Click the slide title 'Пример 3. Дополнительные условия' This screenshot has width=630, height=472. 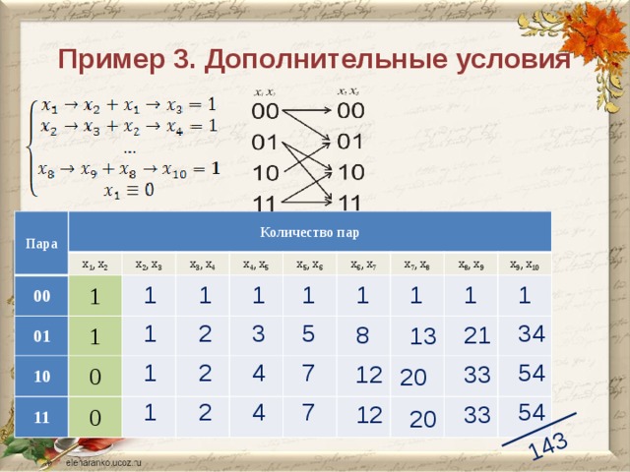(314, 59)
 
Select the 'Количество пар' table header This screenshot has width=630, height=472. (309, 233)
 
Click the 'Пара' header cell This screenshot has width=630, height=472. (39, 242)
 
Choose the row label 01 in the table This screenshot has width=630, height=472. (42, 336)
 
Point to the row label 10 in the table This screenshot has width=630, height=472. (42, 377)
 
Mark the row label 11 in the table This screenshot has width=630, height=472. (42, 417)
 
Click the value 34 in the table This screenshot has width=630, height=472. (531, 333)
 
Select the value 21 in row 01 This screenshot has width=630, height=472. (476, 336)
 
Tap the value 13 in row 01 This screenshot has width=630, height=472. (422, 337)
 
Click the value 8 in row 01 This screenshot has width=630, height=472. (362, 336)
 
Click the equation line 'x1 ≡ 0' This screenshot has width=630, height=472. (129, 191)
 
